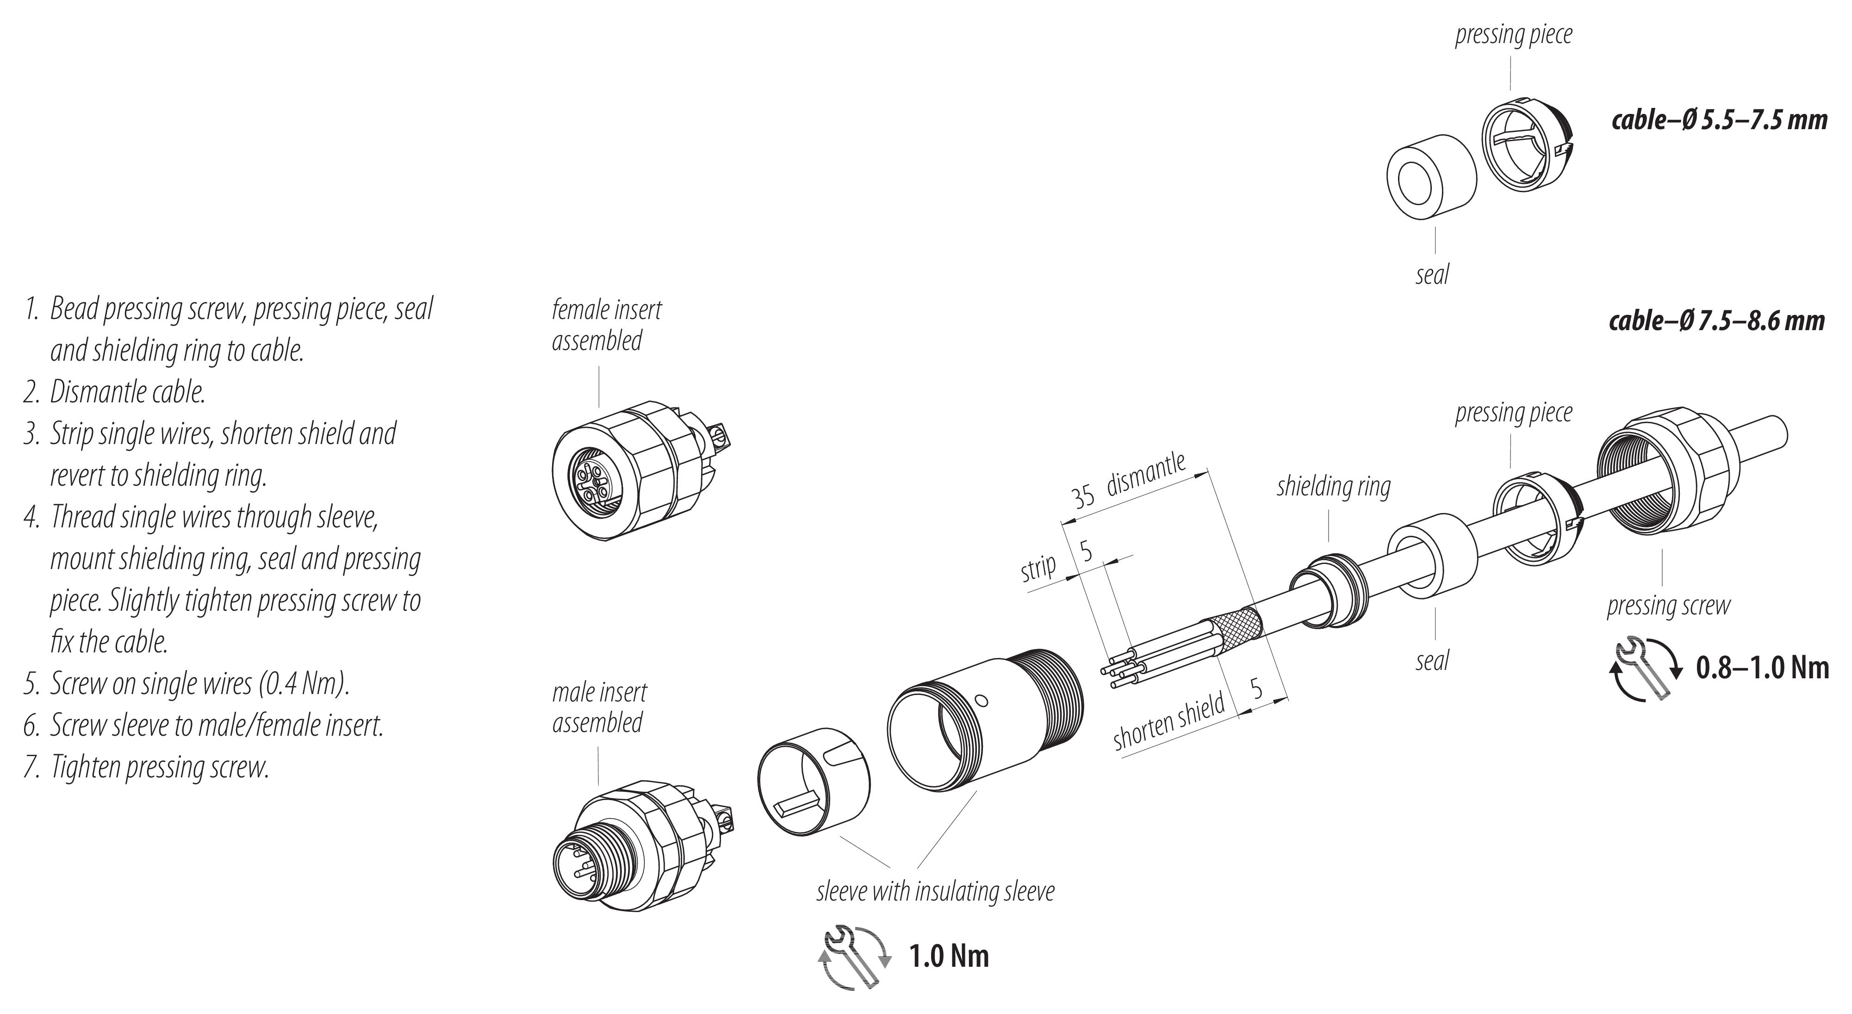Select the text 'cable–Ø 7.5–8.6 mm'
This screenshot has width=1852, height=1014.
click(x=1717, y=321)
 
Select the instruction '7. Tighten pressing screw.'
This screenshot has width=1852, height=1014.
click(x=147, y=767)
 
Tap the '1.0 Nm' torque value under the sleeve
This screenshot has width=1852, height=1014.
click(x=949, y=957)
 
